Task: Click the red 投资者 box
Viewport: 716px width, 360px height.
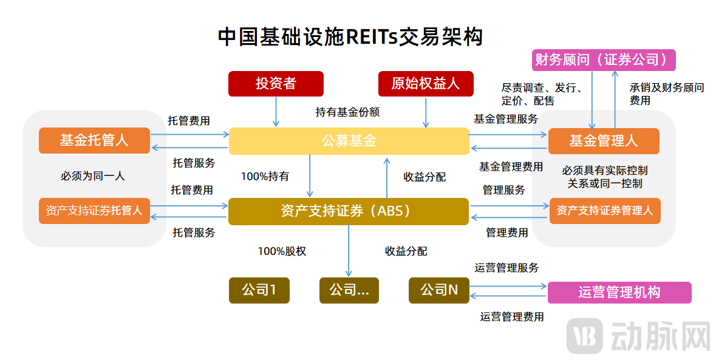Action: (x=276, y=84)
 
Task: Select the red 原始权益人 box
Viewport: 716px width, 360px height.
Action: (x=425, y=84)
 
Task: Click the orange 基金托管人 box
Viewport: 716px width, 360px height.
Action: (x=94, y=140)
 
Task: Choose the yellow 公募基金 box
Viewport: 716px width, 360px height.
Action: (x=349, y=141)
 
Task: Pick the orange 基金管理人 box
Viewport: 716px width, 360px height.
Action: (x=603, y=141)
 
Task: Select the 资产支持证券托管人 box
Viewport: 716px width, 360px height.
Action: (x=94, y=211)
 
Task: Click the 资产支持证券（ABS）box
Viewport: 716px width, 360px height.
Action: (x=349, y=211)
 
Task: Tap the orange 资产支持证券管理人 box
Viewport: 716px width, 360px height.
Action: (x=604, y=211)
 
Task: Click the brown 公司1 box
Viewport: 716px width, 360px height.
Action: (x=259, y=290)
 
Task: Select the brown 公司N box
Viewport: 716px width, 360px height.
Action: (x=439, y=290)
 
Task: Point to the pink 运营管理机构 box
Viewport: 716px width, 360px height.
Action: (x=619, y=293)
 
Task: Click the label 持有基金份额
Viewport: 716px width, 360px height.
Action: (x=347, y=112)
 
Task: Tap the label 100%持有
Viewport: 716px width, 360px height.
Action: (x=265, y=177)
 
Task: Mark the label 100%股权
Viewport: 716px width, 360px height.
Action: (x=282, y=251)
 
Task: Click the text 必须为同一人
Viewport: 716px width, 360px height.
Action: (x=92, y=176)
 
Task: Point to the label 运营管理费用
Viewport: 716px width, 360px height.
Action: (x=512, y=316)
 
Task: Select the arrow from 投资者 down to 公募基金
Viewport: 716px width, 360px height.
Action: (x=276, y=112)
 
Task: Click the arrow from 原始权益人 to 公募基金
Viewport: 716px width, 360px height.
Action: (x=425, y=112)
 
